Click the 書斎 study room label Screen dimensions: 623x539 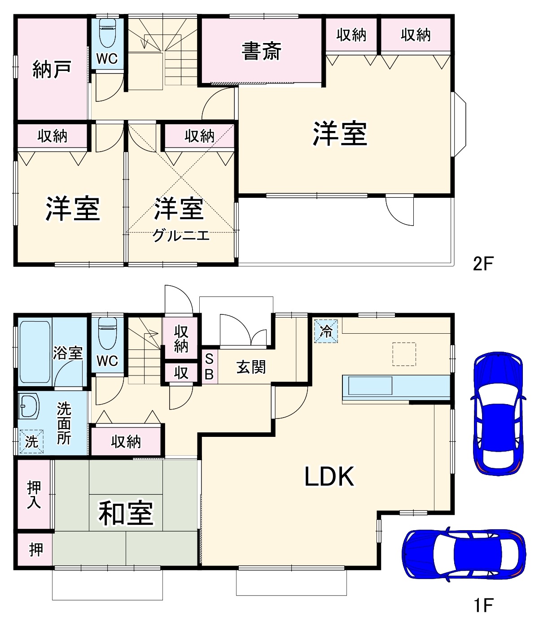[261, 51]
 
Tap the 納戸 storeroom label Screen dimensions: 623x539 [52, 70]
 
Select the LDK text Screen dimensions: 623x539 [329, 476]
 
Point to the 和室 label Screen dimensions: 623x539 [126, 513]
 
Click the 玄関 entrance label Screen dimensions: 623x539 [251, 367]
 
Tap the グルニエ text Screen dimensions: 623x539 [181, 235]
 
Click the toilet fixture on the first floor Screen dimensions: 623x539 [107, 334]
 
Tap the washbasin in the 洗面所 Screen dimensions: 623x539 [29, 406]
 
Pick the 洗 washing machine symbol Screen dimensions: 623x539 [31, 441]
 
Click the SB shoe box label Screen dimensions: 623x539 [209, 367]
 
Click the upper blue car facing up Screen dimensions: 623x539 [498, 413]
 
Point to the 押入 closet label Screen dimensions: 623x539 [34, 495]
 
